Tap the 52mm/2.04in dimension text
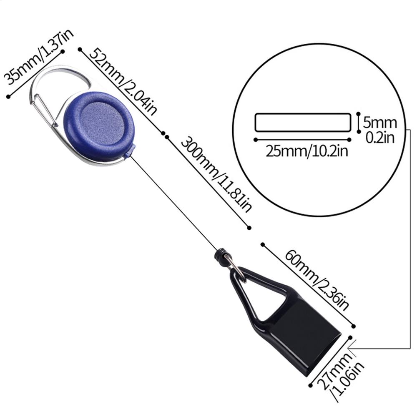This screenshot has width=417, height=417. [123, 82]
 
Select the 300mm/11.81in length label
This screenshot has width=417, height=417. [216, 174]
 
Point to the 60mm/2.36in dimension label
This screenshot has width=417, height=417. [317, 280]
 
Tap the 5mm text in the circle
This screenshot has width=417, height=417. [380, 123]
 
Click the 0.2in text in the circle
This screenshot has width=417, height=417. [380, 138]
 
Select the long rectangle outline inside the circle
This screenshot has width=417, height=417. [303, 114]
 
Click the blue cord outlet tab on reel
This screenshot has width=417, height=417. [130, 151]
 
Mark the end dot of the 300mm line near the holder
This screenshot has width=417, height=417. [249, 228]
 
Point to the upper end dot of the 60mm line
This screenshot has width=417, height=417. [263, 244]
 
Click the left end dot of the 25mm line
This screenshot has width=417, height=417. [256, 140]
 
